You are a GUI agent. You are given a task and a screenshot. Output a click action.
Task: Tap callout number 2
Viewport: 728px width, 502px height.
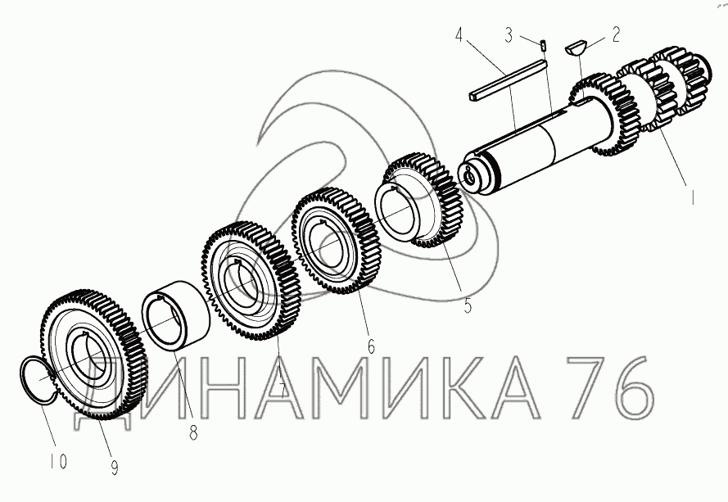point(616,35)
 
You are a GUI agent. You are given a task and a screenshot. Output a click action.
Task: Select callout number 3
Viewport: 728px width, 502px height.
point(509,35)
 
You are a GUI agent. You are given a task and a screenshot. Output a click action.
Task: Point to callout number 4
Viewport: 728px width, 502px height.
point(459,35)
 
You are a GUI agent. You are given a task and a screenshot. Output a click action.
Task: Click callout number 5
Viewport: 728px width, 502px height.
point(467,305)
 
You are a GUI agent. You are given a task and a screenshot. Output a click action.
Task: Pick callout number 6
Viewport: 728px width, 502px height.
point(370,346)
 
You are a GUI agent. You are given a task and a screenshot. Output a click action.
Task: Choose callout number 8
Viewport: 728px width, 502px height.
point(193,433)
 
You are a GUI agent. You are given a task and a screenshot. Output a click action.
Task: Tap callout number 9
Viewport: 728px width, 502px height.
point(114,468)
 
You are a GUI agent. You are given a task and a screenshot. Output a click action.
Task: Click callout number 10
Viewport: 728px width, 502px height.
point(58,461)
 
